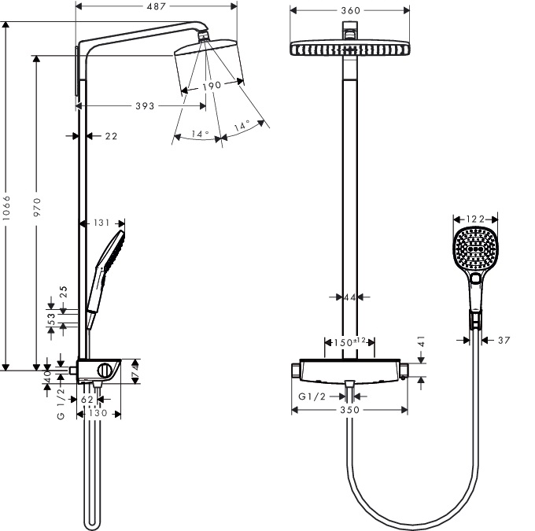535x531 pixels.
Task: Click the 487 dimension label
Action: [157, 6]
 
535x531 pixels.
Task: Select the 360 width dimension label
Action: [350, 10]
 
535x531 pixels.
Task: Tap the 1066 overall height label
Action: [6, 208]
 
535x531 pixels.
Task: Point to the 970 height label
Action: [37, 207]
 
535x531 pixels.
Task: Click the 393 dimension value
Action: [145, 106]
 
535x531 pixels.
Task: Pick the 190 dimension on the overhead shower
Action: [212, 86]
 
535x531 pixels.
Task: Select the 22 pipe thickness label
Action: [111, 136]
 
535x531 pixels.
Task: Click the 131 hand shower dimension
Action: [101, 223]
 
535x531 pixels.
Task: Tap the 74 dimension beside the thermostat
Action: [135, 371]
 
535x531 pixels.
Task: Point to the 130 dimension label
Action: [98, 413]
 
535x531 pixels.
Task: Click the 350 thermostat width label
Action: [350, 410]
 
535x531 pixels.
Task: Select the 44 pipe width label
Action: [350, 297]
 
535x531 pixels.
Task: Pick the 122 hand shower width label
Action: [475, 219]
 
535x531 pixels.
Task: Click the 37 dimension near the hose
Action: [504, 341]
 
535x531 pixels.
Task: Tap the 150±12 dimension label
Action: [349, 341]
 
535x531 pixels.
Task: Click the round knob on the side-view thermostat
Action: [105, 371]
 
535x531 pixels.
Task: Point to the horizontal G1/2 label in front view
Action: [312, 396]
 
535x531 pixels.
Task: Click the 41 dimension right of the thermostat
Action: [422, 341]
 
